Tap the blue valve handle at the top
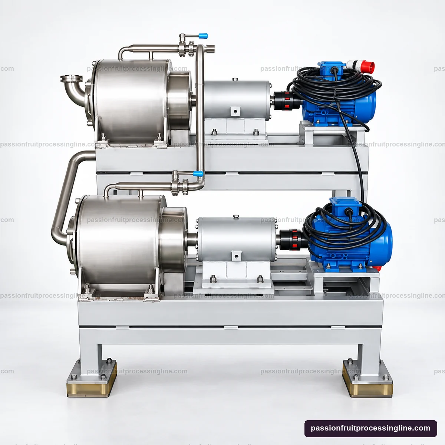click(x=203, y=36)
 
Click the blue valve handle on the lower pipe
click(x=198, y=174)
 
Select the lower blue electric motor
click(x=349, y=238)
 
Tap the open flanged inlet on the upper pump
click(x=71, y=79)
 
